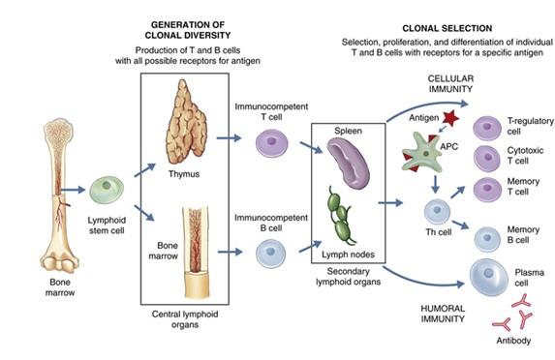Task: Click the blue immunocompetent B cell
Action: coord(271,254)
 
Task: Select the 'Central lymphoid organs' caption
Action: coord(192,318)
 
